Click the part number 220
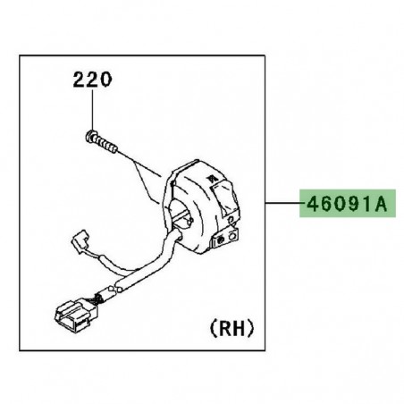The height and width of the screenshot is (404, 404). click(93, 80)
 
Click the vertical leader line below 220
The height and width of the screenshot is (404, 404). click(92, 112)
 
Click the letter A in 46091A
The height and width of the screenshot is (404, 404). click(381, 205)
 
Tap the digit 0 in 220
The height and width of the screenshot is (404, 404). click(107, 80)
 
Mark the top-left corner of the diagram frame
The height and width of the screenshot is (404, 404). click(20, 55)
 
